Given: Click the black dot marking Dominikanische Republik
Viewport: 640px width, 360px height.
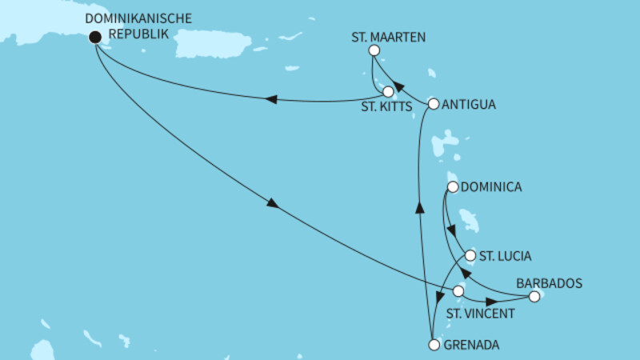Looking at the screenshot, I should (95, 36).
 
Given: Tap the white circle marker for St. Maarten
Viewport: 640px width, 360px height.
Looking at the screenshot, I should (374, 50).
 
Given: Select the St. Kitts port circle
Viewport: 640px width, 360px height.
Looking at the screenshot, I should (389, 91).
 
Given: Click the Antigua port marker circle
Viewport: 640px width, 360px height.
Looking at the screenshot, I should (434, 103).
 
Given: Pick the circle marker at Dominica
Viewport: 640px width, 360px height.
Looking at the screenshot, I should (453, 188).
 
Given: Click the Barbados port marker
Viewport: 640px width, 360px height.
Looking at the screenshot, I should (534, 297).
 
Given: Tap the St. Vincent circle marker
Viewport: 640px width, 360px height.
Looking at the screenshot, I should (458, 291).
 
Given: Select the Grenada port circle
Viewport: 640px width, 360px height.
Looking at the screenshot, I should (434, 346).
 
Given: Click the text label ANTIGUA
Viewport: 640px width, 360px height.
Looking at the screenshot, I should (469, 104).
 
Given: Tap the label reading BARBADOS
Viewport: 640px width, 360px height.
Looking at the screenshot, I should (549, 282).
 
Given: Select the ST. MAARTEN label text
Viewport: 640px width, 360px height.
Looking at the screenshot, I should (388, 36).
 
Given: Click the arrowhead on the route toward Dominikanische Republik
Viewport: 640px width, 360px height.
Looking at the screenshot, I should (271, 99).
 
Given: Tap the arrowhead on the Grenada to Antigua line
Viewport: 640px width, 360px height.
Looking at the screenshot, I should (418, 206).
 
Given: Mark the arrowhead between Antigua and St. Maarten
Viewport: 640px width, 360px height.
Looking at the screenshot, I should (400, 78).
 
